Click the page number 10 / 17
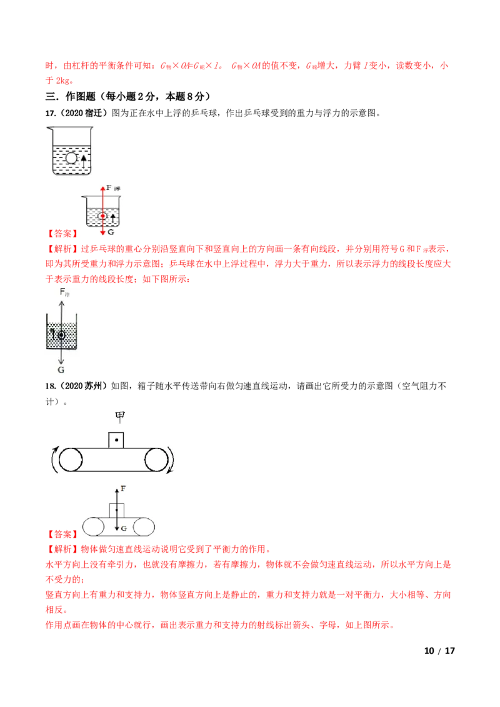click(439, 651)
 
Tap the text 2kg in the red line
click(64, 81)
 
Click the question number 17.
click(51, 113)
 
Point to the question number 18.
click(51, 386)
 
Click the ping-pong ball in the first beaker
click(72, 158)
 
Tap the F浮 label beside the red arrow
click(113, 188)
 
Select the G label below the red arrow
click(111, 232)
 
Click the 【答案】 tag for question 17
click(62, 234)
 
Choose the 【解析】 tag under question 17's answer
click(62, 249)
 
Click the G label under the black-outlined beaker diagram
click(61, 370)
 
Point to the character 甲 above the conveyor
click(119, 417)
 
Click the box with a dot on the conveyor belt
click(116, 440)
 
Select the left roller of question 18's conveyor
click(71, 460)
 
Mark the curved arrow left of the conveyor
click(54, 460)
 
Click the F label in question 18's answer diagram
click(123, 488)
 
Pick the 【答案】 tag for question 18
click(62, 534)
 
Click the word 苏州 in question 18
click(93, 386)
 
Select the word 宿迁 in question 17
click(93, 113)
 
